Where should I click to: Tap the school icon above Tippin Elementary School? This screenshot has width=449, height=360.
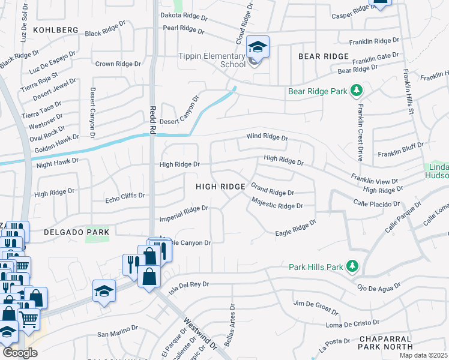pos(258,47)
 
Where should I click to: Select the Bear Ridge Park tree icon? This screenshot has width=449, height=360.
pos(357,90)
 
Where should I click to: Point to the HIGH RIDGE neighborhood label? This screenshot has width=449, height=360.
pos(220,187)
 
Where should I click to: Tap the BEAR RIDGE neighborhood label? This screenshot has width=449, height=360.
pos(324,56)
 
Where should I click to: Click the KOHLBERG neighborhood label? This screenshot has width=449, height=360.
pos(56,29)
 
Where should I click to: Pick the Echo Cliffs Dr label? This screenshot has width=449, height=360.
pos(125,196)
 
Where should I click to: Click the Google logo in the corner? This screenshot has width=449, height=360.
pos(20,353)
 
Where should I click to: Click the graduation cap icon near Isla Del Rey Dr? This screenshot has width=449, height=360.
pos(104,291)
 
